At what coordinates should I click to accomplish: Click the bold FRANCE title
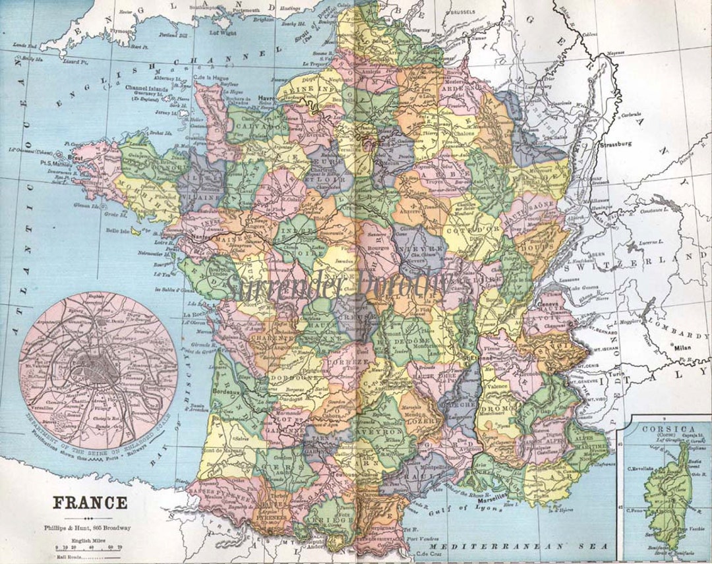pyautogui.click(x=90, y=503)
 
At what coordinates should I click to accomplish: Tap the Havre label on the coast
pyautogui.click(x=266, y=95)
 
